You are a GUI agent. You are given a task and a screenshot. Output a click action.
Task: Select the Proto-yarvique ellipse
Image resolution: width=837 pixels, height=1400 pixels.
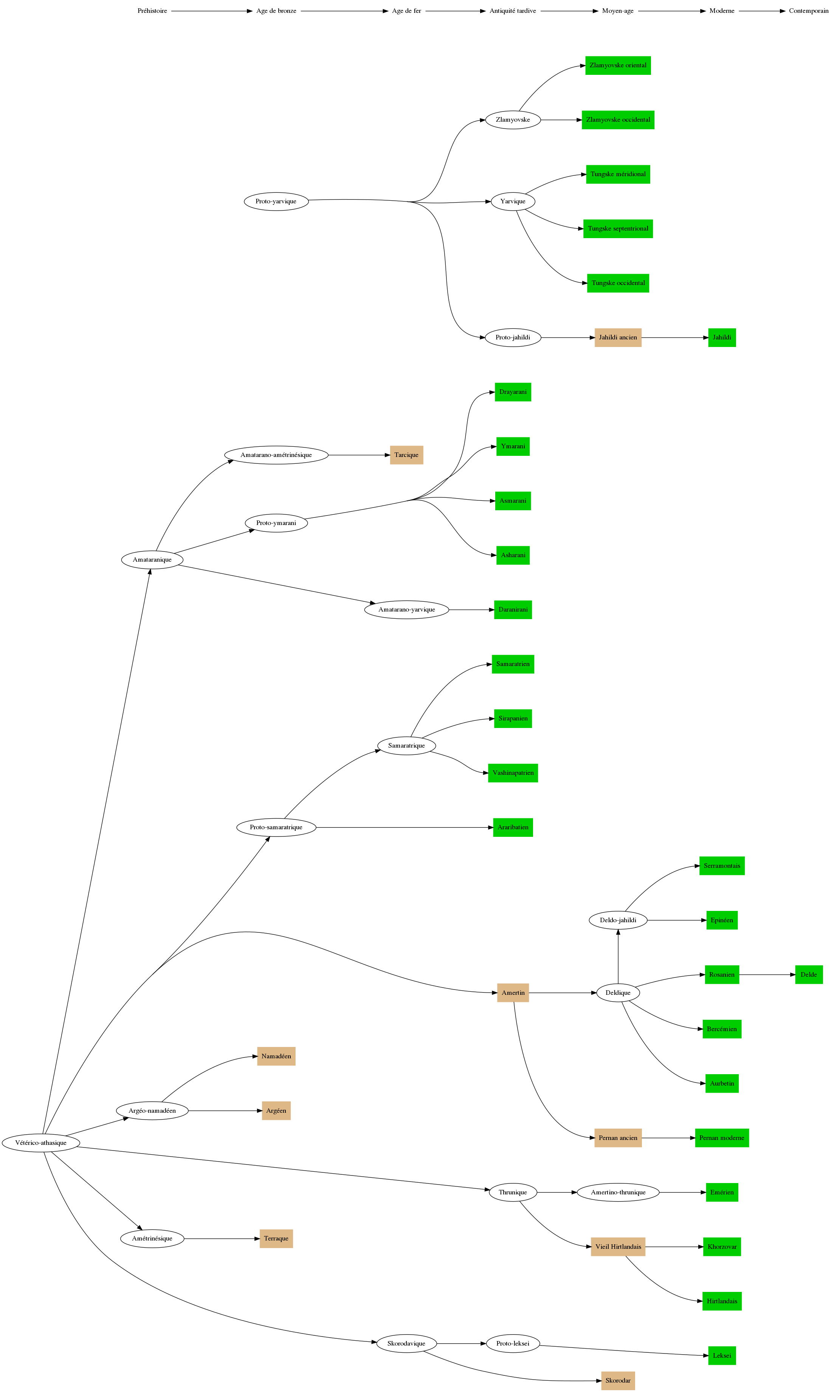(x=276, y=201)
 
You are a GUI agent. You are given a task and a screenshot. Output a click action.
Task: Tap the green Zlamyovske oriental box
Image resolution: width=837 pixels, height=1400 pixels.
(x=618, y=65)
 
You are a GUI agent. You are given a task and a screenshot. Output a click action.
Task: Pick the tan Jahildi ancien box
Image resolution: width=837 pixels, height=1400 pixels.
(x=618, y=338)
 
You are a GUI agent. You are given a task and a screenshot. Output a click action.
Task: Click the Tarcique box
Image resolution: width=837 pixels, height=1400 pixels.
(x=406, y=455)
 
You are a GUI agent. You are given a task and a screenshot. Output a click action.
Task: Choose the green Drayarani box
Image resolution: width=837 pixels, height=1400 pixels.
(x=513, y=392)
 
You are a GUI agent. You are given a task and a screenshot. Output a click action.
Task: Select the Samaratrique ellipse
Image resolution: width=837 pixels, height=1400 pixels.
(x=406, y=745)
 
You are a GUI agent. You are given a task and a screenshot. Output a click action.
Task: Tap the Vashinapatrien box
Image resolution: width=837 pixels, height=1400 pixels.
(x=513, y=773)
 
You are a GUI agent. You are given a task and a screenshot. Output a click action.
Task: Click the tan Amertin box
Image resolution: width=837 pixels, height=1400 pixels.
(x=513, y=993)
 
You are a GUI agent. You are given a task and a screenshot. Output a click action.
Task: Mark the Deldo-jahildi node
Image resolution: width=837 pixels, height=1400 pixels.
(x=618, y=920)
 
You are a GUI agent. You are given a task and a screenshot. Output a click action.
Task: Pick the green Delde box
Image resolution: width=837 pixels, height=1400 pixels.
(x=808, y=975)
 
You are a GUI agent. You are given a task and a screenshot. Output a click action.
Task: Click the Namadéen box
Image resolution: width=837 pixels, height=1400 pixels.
(x=276, y=1056)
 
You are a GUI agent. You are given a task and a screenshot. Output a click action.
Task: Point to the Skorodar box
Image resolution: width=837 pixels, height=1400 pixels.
(x=618, y=1381)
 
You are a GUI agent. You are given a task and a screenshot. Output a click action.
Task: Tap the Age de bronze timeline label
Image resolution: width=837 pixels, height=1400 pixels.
(x=276, y=11)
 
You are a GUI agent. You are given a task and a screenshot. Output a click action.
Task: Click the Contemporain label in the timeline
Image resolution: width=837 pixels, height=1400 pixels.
(x=808, y=11)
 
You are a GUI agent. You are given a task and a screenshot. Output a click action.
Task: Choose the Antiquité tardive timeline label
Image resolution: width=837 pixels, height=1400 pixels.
(x=513, y=11)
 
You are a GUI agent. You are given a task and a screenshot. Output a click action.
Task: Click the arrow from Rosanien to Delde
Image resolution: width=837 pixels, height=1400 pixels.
(x=767, y=975)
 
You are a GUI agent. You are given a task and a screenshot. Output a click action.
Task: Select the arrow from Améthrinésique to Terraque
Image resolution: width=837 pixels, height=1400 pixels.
(x=222, y=1239)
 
